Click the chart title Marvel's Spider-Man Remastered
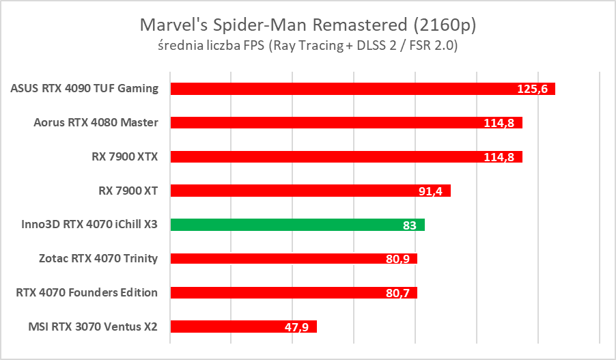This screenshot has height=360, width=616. point(307,25)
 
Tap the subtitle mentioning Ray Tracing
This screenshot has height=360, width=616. point(307,46)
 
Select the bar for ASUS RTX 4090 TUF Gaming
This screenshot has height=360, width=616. point(341,89)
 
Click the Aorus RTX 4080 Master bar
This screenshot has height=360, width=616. point(328,123)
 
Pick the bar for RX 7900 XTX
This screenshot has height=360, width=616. point(328,156)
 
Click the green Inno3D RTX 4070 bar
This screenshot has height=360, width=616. point(287,225)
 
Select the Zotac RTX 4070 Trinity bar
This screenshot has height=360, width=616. point(280,259)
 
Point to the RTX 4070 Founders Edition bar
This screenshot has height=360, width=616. point(280,292)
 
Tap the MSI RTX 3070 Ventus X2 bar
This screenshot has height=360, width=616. point(232,327)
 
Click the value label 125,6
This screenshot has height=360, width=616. point(533,89)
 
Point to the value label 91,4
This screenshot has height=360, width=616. point(430,191)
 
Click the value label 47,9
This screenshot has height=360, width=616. point(296,327)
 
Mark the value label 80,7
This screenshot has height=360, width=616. point(397,293)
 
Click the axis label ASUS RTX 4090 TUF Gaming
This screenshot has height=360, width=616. point(85,88)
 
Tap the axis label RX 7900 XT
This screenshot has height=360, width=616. point(128,191)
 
